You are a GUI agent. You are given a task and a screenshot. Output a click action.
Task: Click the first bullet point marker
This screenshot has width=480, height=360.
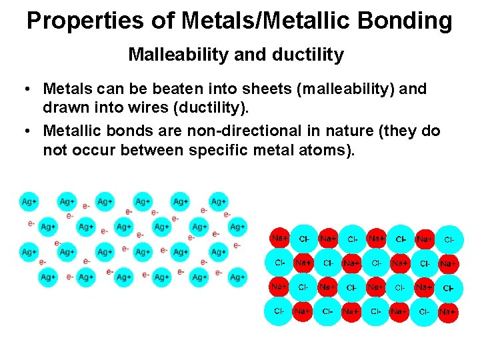click(x=25, y=89)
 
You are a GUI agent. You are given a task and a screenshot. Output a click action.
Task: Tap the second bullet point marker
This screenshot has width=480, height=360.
click(x=25, y=131)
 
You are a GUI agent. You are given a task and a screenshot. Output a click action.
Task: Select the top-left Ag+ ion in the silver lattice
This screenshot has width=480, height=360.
click(x=29, y=201)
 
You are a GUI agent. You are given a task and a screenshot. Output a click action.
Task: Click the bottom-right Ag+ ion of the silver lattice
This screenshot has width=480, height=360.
click(x=237, y=277)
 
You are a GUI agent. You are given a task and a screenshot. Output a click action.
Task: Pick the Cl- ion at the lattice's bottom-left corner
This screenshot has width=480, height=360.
click(x=279, y=311)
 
